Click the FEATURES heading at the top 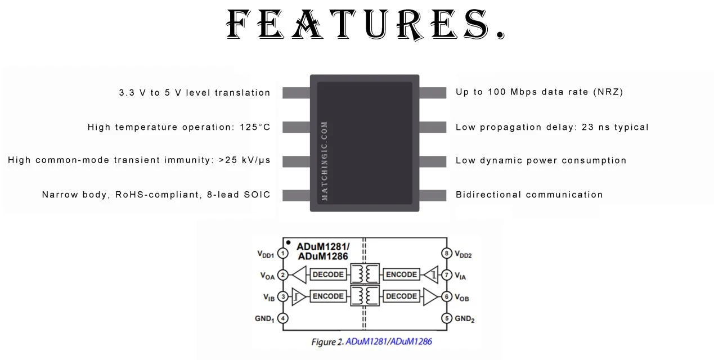366,25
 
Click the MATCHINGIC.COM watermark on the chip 325,161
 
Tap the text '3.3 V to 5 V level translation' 195,93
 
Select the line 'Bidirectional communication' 529,195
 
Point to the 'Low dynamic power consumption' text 541,160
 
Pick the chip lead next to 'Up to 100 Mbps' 433,93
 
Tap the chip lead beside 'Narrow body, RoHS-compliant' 296,195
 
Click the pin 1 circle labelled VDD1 283,254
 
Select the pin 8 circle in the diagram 447,253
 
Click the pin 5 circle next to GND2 447,318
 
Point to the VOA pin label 267,276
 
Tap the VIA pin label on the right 460,276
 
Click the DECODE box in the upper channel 328,274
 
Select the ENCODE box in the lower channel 328,296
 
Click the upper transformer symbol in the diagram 365,274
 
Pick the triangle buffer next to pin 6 430,297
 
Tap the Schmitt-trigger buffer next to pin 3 299,297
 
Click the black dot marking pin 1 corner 288,242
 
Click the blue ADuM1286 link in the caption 411,342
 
